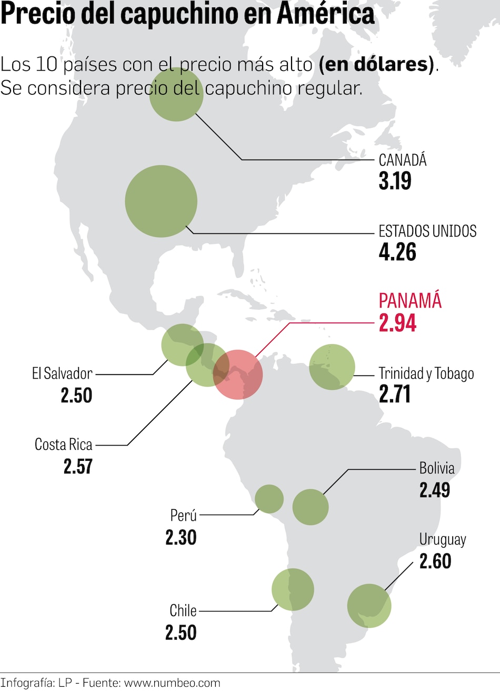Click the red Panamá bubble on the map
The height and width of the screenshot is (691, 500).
coord(238,374)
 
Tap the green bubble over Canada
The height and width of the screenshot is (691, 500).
coord(176,94)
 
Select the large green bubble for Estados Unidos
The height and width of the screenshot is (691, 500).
coord(161,201)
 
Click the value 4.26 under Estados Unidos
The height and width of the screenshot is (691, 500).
coord(397,252)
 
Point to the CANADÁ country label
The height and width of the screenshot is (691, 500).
coord(403,160)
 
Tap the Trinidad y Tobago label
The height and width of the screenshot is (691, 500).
coord(426,373)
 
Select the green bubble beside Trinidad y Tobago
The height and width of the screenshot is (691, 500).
coord(332,367)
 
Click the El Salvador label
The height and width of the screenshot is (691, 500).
coord(62,373)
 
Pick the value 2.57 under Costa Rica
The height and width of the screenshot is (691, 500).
coord(78,467)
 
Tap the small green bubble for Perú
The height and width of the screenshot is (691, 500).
coord(269,499)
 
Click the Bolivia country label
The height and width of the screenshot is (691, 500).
coord(437,468)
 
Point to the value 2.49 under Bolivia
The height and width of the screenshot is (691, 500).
coord(435,490)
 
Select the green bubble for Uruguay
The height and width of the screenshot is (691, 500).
coord(369,606)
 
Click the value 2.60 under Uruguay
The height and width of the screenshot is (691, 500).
coord(435,561)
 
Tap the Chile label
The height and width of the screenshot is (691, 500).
coord(183,611)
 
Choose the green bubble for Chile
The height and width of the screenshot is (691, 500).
coord(293,590)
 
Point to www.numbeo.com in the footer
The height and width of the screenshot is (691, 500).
coord(172,683)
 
